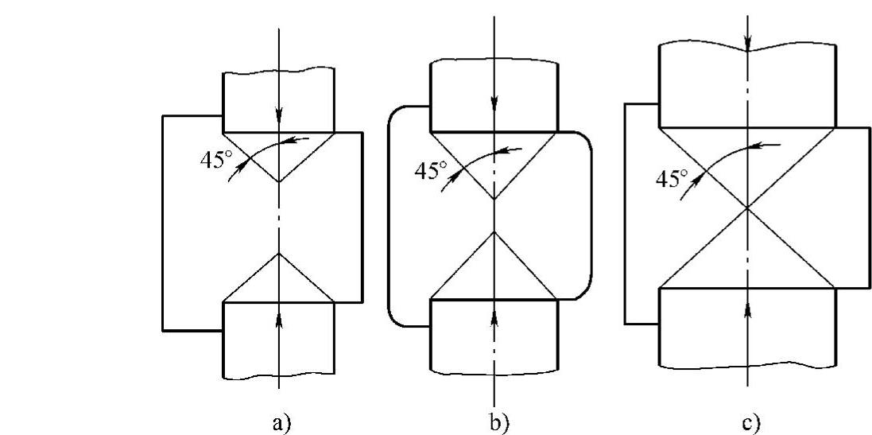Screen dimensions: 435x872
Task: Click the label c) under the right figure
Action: coord(750,421)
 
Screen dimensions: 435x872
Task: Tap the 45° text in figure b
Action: coord(431,170)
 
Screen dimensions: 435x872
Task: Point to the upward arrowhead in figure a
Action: coord(279,317)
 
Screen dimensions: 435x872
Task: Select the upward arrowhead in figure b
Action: coord(494,317)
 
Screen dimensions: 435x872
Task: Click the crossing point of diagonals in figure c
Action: coord(747,208)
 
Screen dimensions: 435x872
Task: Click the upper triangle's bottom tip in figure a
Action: coord(279,182)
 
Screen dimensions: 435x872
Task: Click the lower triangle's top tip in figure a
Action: coord(279,254)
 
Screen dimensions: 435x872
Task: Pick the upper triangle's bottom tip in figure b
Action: coord(494,199)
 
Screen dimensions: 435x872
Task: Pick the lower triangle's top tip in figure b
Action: coord(494,231)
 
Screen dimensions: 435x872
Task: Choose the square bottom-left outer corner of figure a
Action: coord(162,329)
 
